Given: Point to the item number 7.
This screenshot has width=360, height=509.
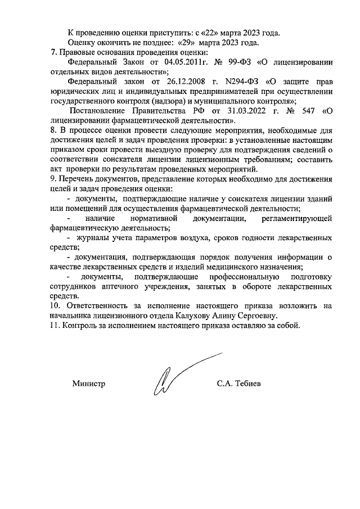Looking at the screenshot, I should pyautogui.click(x=53, y=52).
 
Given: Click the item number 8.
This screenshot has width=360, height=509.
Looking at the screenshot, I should pyautogui.click(x=53, y=133).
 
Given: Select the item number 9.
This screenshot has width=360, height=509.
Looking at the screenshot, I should pyautogui.click(x=53, y=179).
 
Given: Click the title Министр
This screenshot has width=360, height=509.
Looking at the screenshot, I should pyautogui.click(x=89, y=384).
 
